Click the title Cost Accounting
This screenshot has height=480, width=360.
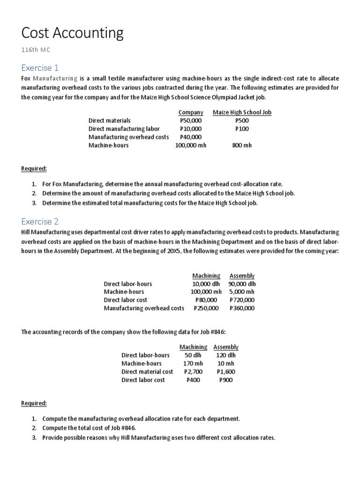[73, 33]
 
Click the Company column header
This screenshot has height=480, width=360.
[191, 112]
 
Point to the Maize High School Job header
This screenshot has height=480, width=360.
[242, 112]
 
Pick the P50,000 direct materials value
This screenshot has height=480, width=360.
[191, 120]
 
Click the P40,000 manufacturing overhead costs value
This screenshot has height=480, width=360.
[191, 137]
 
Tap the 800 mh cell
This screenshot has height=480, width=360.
[242, 145]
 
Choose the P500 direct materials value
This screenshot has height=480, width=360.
[242, 120]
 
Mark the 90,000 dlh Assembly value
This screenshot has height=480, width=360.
[242, 284]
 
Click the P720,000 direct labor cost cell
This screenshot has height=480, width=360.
[242, 300]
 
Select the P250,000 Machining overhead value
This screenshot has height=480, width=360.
[206, 308]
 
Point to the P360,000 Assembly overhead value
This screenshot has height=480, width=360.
[242, 308]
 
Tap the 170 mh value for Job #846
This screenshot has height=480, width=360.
[193, 363]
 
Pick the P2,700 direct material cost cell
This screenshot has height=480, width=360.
[193, 372]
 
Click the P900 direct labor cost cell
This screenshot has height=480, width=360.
[225, 380]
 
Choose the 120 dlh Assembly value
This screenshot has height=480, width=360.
[225, 355]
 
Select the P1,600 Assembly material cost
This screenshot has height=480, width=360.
[225, 372]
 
